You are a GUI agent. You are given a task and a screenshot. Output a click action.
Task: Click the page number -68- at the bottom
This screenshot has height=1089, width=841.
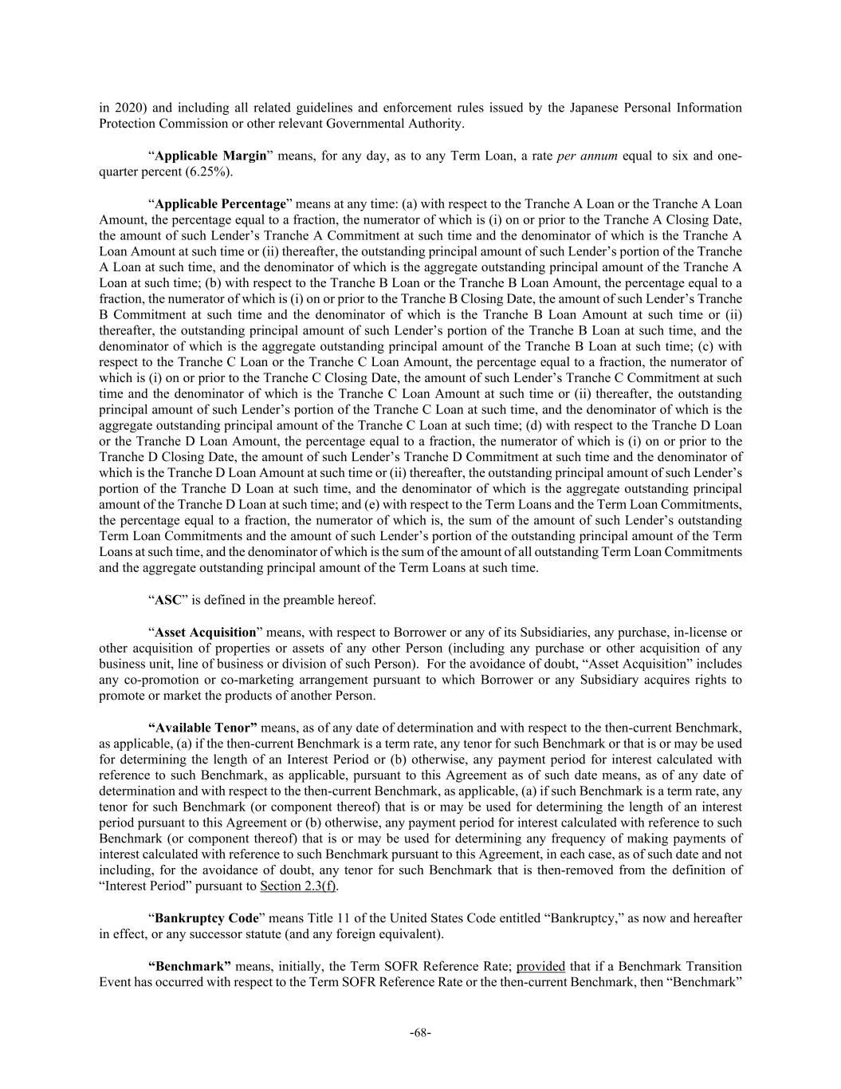pyautogui.click(x=420, y=1032)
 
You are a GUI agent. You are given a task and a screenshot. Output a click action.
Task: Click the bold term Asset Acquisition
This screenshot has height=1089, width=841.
pyautogui.click(x=205, y=633)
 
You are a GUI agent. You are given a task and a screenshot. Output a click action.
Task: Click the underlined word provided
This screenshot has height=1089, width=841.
pyautogui.click(x=540, y=966)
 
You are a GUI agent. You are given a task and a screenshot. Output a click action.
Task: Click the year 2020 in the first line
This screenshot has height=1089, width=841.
pyautogui.click(x=128, y=108)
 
